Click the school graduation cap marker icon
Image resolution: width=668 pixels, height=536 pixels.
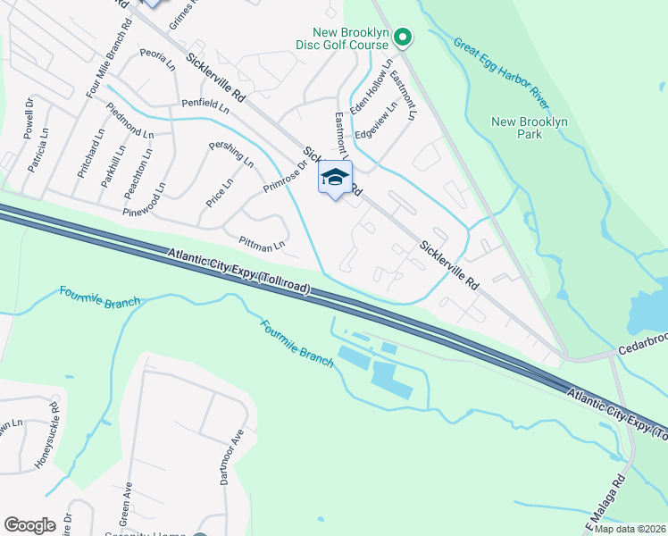(x=335, y=177)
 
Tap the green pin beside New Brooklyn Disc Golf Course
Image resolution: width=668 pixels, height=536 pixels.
(x=402, y=38)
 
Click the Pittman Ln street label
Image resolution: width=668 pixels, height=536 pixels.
(x=262, y=242)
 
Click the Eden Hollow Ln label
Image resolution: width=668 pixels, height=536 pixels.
(x=371, y=89)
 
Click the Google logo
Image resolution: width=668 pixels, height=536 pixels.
(x=29, y=525)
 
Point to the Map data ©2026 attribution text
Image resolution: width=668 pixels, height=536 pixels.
(x=630, y=529)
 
